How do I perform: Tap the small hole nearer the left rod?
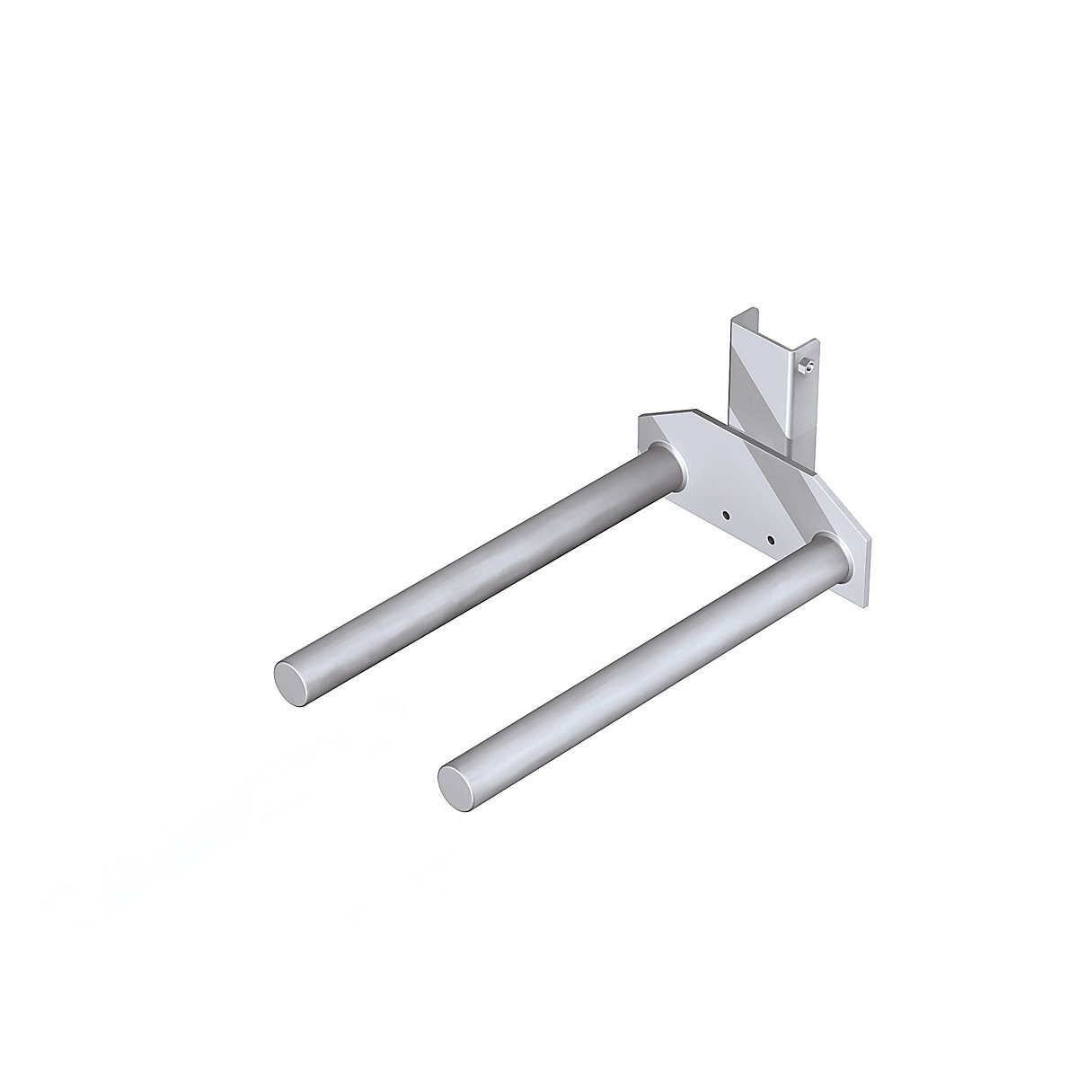point(725,515)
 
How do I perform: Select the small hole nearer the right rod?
point(770,540)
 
